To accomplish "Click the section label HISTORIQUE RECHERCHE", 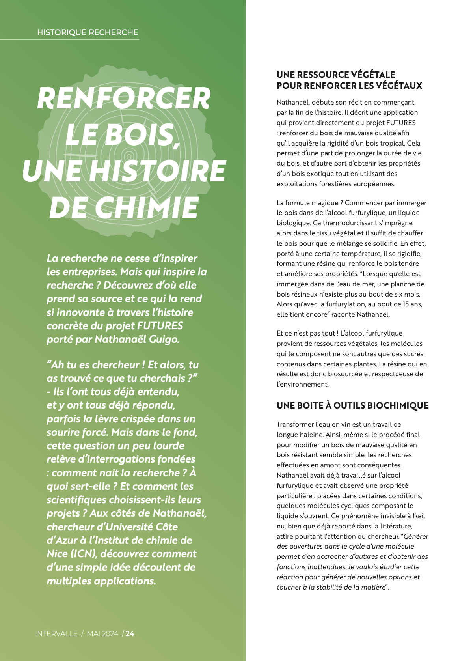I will click(x=88, y=32).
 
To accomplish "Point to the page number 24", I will click(x=130, y=634).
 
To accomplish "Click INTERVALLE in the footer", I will click(x=56, y=634).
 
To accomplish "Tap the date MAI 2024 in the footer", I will click(x=102, y=634).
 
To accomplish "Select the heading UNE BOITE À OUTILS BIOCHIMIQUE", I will click(x=352, y=405).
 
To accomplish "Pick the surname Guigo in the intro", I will click(x=164, y=339).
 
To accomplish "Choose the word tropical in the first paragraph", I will click(x=391, y=143).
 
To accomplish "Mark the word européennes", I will click(x=372, y=184).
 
